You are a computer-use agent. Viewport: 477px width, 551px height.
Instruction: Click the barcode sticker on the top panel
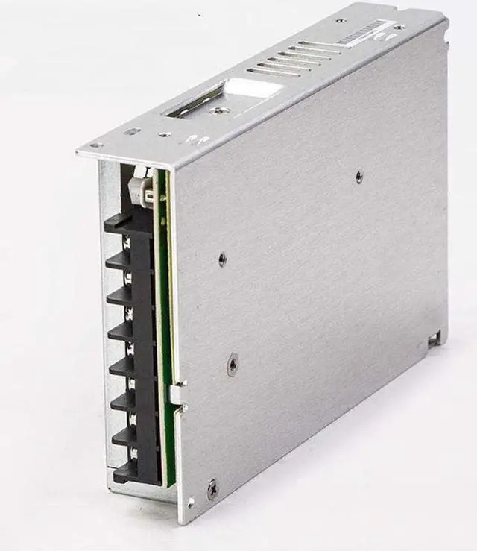(x=364, y=32)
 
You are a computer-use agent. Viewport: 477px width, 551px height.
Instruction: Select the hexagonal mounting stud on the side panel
(x=233, y=364)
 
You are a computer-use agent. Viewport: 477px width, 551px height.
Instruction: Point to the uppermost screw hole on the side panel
(x=359, y=177)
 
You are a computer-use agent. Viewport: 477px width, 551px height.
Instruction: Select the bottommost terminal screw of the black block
(x=134, y=453)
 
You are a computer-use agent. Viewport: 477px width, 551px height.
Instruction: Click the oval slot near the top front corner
(x=132, y=132)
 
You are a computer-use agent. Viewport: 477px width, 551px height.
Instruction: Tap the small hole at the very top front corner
(x=95, y=145)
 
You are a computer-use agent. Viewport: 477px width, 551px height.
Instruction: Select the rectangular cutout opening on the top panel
(x=224, y=99)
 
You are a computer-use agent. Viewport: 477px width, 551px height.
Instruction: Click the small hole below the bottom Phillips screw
(x=192, y=503)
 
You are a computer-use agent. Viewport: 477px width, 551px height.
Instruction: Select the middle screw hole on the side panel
(x=222, y=259)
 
